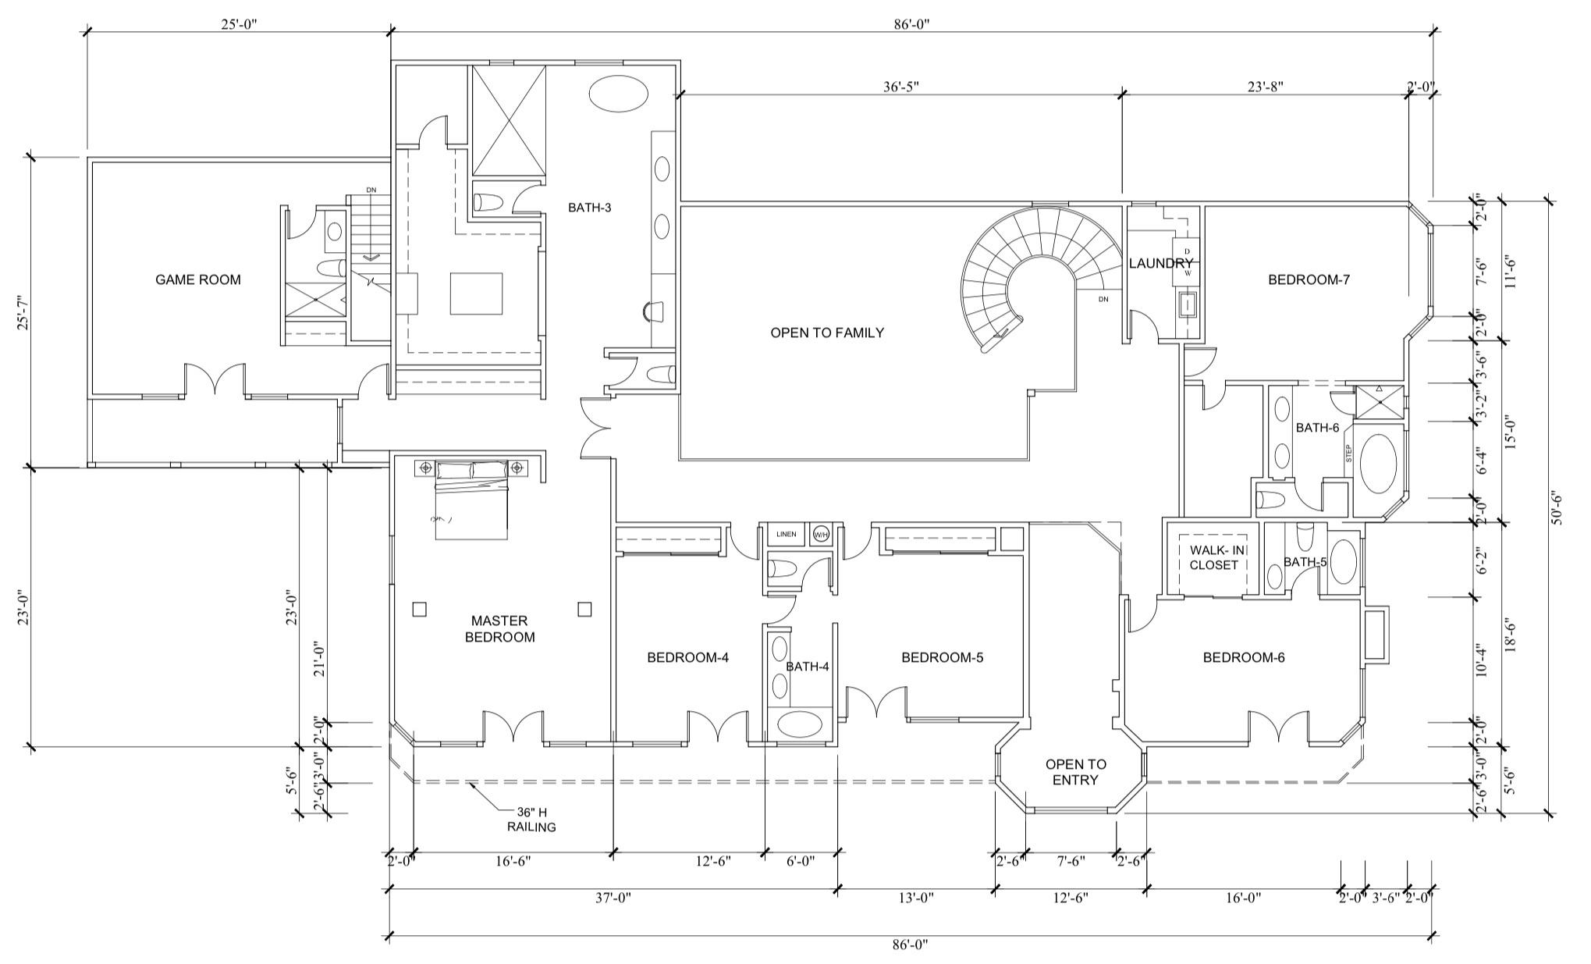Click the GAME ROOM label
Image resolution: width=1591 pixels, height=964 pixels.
point(198,279)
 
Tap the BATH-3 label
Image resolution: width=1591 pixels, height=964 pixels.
point(589,208)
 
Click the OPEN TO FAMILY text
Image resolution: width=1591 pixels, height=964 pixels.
point(827,333)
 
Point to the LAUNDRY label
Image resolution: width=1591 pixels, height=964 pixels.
point(1160,264)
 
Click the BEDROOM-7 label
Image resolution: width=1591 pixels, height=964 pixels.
point(1309,279)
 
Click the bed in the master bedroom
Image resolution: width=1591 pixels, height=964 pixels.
point(471,500)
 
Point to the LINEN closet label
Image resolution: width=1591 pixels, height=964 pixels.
point(786,535)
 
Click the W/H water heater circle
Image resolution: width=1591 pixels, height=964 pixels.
point(821,535)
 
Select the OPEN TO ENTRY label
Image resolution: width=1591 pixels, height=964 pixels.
point(1075,772)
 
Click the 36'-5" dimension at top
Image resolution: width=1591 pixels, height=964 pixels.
point(900,87)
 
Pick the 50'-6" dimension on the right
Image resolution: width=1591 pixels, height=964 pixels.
point(1557,507)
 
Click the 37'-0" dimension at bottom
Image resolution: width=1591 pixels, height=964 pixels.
point(613,898)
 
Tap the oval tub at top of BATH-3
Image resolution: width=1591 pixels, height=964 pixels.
point(617,95)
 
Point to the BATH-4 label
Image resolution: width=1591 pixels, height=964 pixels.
point(807,667)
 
